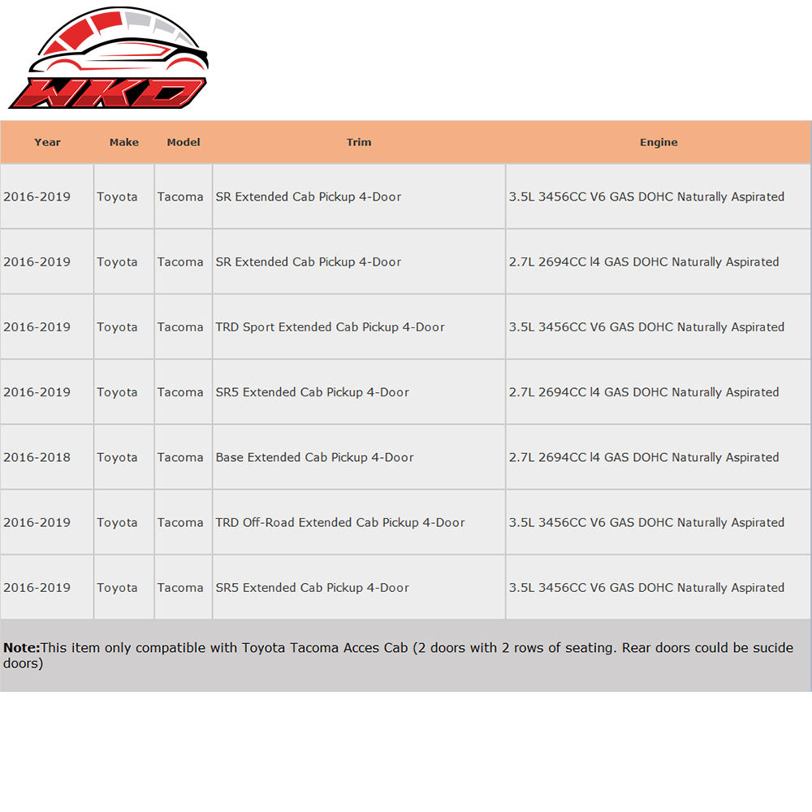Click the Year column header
47,142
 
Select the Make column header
124,142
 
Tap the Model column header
184,142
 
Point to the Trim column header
359,142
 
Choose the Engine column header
659,142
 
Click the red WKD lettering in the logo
108,92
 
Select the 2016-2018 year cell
37,457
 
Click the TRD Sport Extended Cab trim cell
330,327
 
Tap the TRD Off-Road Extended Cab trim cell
340,522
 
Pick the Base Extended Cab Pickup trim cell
315,457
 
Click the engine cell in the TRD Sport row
646,327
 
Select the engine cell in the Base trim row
644,457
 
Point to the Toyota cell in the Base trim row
117,457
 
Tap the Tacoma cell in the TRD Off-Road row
180,522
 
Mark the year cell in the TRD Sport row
37,327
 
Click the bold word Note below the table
21,648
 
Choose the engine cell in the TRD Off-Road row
646,522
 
